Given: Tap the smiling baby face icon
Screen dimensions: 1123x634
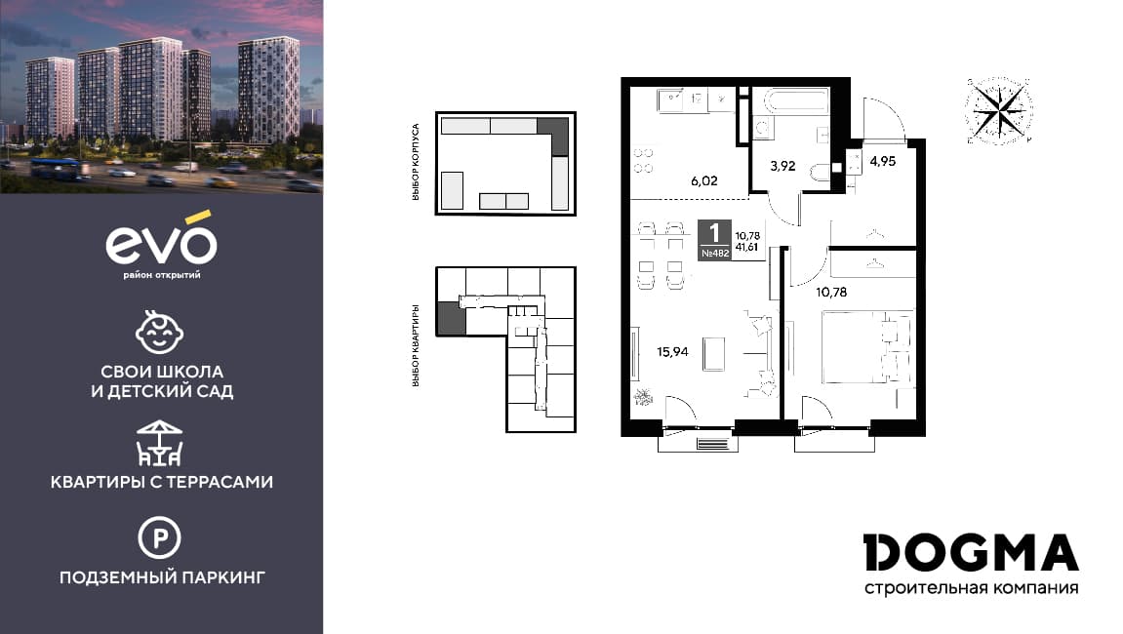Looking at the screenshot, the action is [160, 332].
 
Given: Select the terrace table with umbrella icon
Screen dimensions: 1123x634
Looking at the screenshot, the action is [160, 444].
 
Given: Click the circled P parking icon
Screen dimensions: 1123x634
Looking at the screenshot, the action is [160, 537].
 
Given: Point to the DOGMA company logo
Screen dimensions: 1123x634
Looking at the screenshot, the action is [971, 553].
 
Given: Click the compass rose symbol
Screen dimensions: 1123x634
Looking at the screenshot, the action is [999, 111].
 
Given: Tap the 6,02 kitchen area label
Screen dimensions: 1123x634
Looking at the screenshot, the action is [704, 181].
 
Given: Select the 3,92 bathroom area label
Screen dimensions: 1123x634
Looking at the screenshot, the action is [782, 166].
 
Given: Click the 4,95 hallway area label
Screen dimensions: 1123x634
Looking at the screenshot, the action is [882, 162].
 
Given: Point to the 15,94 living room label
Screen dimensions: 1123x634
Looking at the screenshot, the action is [672, 352].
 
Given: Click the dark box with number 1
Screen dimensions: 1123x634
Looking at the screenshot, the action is [715, 239].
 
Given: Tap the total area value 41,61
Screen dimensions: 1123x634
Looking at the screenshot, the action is [747, 247].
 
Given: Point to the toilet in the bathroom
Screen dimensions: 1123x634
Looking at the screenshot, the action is [820, 172].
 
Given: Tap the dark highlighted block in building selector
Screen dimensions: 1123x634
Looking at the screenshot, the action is [553, 137].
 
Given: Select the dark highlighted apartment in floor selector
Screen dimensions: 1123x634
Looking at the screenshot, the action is [451, 318].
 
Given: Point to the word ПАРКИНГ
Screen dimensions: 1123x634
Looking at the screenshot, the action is [222, 576].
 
